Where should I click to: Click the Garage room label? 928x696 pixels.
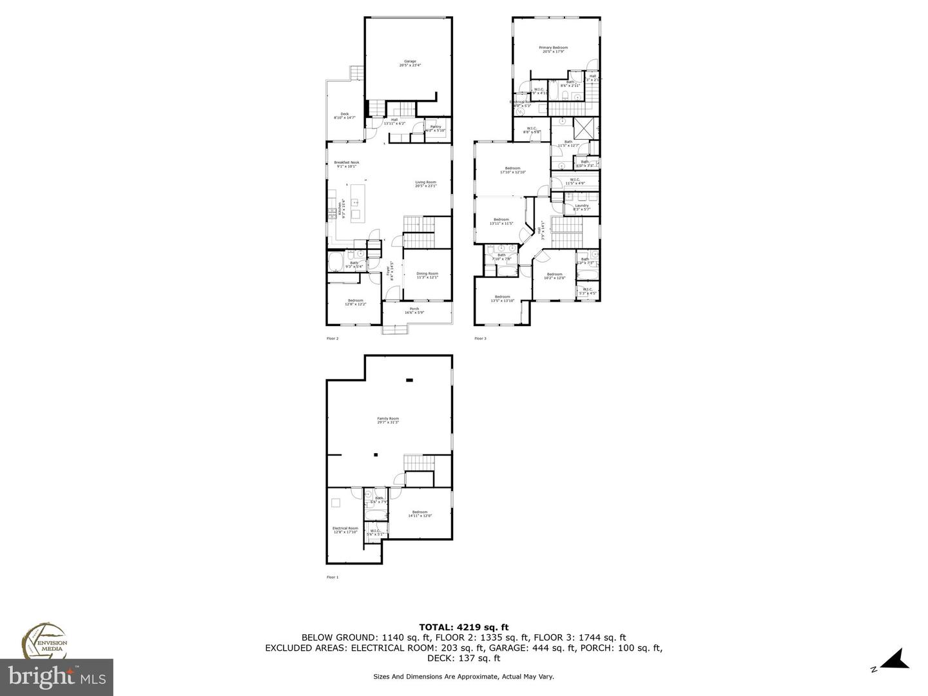[410, 63]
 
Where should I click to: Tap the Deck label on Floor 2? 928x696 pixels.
[345, 115]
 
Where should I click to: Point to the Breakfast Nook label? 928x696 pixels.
[347, 164]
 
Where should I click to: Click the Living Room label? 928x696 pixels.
[425, 184]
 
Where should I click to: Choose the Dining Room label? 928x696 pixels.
[427, 275]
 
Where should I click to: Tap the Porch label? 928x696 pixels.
[414, 311]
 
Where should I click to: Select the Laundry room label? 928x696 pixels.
[581, 207]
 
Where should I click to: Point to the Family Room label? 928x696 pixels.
[388, 420]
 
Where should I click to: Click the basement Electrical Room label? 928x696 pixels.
[345, 530]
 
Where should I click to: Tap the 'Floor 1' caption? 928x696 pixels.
[333, 577]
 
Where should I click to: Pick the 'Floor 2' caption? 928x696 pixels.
[333, 338]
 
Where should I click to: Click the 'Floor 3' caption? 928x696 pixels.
[480, 338]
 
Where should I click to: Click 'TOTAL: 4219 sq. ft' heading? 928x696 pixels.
[464, 626]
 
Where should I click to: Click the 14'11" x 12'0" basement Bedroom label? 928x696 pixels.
[420, 514]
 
